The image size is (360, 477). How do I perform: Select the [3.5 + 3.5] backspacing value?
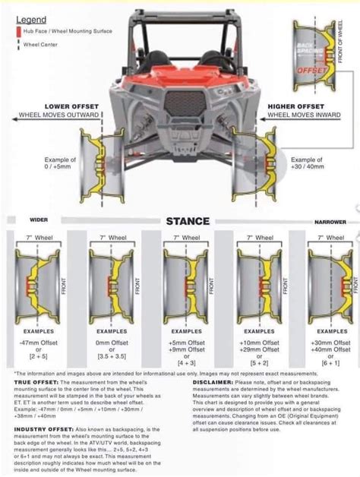112,333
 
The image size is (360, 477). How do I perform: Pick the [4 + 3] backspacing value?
185,340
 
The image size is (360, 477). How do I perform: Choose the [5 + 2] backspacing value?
258,340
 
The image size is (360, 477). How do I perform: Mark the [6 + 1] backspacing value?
331,340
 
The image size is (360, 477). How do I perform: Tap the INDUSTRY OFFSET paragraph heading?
43,429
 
